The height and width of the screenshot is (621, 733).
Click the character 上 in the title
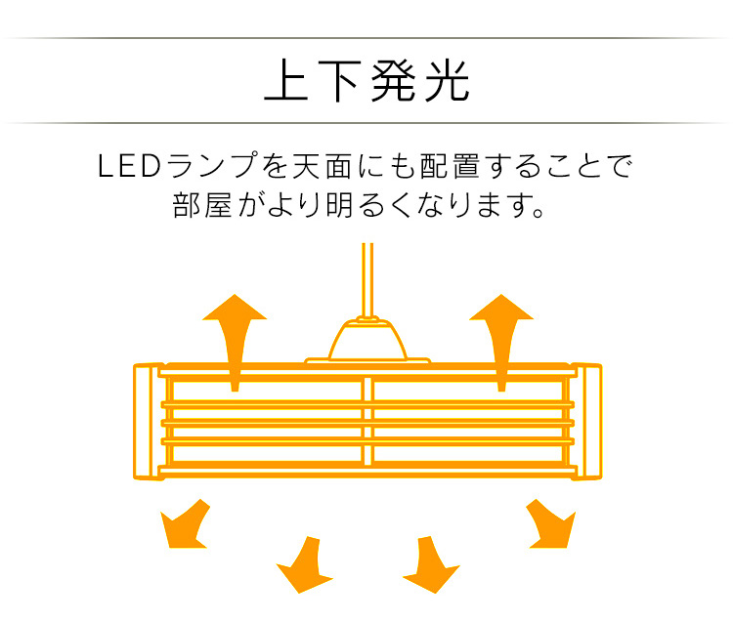pyautogui.click(x=286, y=80)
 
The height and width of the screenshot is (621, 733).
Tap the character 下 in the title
pyautogui.click(x=340, y=81)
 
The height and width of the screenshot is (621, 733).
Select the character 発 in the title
pyautogui.click(x=393, y=81)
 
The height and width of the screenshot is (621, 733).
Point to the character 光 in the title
pyautogui.click(x=447, y=81)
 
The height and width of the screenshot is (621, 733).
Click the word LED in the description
pyautogui.click(x=129, y=166)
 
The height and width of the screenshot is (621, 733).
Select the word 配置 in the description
pyautogui.click(x=450, y=166)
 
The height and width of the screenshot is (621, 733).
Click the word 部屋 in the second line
pyautogui.click(x=202, y=204)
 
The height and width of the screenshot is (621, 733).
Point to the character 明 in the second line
pyautogui.click(x=339, y=204)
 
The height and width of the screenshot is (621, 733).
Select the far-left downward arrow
pyautogui.click(x=184, y=524)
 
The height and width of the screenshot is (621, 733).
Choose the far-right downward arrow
pyautogui.click(x=551, y=524)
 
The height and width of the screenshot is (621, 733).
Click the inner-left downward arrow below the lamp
pyautogui.click(x=304, y=565)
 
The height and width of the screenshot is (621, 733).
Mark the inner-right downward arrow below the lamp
pyautogui.click(x=431, y=565)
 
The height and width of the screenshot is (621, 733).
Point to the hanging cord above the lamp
pyautogui.click(x=367, y=280)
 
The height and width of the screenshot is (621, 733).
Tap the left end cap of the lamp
pyautogui.click(x=149, y=422)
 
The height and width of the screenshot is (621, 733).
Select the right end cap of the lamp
pyautogui.click(x=586, y=422)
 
